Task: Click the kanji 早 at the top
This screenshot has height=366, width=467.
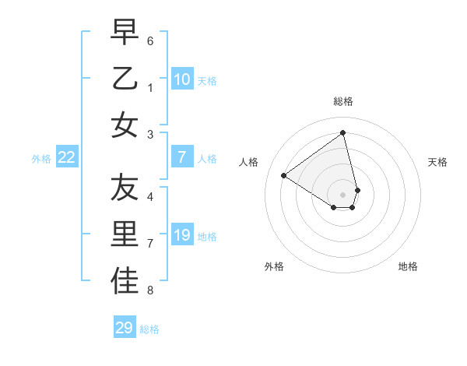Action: click(x=125, y=33)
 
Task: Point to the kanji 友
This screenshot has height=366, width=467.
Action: click(x=125, y=188)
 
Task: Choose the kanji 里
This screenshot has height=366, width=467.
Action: click(x=125, y=234)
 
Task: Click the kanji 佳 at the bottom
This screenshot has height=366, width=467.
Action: click(x=125, y=281)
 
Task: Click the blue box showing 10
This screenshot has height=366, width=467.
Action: click(x=182, y=79)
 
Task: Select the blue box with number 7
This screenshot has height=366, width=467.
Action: click(x=182, y=158)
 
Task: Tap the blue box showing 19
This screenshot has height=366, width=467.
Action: click(x=182, y=235)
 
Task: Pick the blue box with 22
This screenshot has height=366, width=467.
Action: click(x=67, y=158)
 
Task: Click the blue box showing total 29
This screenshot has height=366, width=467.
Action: click(x=125, y=328)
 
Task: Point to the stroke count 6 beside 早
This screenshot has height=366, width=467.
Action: click(x=150, y=40)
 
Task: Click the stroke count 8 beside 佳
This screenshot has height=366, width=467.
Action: click(x=150, y=290)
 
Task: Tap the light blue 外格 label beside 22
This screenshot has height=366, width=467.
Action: click(x=41, y=159)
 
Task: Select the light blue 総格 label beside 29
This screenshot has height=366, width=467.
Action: click(x=149, y=329)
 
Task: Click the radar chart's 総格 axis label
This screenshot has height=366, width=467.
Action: click(x=343, y=101)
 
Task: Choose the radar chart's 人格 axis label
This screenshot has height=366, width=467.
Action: click(x=249, y=162)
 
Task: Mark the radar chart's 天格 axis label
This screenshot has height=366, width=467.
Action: click(x=438, y=162)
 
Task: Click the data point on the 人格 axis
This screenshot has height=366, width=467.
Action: click(x=284, y=175)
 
